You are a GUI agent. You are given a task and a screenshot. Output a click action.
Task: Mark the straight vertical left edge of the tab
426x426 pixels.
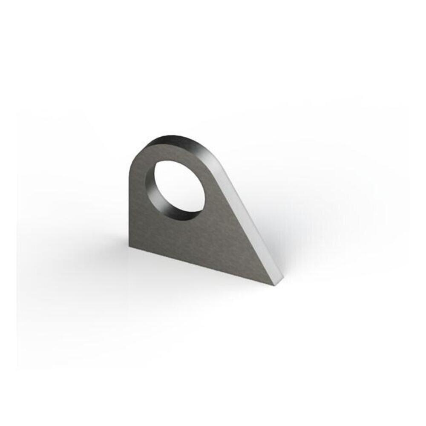(130, 204)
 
